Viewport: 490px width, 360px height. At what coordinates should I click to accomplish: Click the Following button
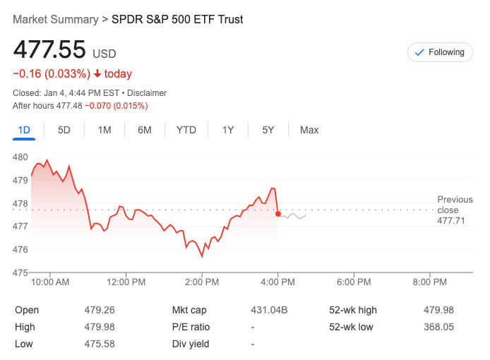[439, 52]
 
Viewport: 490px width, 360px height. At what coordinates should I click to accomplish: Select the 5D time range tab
[64, 130]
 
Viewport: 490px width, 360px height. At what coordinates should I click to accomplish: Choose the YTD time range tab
[186, 130]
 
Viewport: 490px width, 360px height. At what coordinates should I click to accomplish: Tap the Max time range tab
[309, 130]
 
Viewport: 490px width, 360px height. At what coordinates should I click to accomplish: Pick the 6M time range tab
[145, 130]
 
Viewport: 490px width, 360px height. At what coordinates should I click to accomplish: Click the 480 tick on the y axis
[20, 157]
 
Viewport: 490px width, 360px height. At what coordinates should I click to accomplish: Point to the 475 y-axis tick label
[20, 272]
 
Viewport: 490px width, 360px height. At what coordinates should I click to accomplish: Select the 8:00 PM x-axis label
[429, 282]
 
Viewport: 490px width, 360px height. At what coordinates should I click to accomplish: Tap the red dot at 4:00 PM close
[278, 214]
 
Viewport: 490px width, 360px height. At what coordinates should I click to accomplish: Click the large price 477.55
[49, 50]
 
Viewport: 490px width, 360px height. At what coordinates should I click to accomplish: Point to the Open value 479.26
[100, 310]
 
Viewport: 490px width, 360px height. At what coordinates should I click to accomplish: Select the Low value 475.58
[100, 344]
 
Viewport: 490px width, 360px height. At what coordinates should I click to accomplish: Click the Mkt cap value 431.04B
[269, 310]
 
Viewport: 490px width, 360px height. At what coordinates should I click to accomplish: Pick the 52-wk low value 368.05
[438, 327]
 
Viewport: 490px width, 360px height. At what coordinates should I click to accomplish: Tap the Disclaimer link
[146, 92]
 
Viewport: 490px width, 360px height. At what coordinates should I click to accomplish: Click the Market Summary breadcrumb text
[56, 19]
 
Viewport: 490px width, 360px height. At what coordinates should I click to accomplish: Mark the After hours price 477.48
[70, 106]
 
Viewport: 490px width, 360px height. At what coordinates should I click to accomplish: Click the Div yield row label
[191, 344]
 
